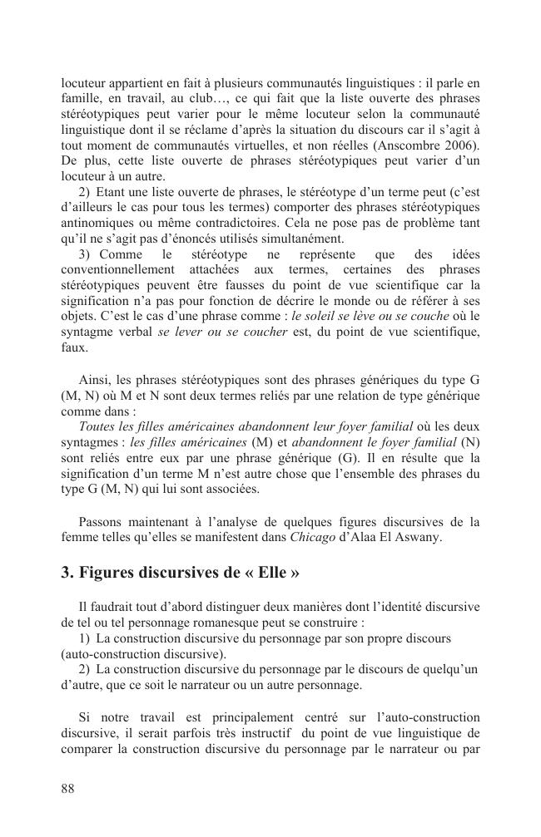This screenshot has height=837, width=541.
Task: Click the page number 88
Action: [68, 789]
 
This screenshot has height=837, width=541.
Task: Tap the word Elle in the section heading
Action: [266, 574]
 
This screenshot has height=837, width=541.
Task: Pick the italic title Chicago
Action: [311, 537]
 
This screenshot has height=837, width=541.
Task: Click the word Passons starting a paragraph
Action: [102, 522]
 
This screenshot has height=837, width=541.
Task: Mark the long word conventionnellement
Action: [121, 270]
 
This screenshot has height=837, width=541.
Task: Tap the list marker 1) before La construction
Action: [84, 639]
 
